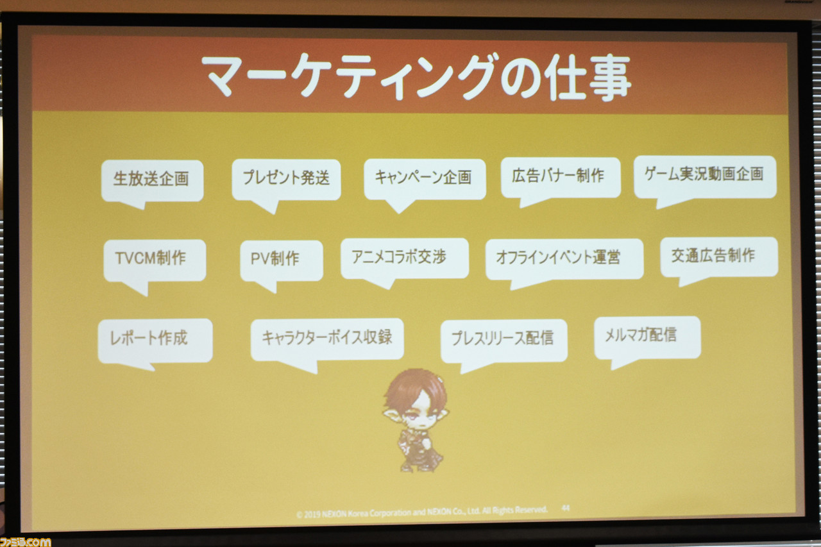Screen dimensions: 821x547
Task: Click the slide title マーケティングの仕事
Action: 416,78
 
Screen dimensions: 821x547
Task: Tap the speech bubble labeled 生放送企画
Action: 152,181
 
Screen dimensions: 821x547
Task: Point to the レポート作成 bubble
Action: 155,341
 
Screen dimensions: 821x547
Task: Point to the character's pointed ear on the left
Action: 391,414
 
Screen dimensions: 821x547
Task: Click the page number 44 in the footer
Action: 566,508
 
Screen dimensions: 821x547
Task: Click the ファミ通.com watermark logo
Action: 25,542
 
